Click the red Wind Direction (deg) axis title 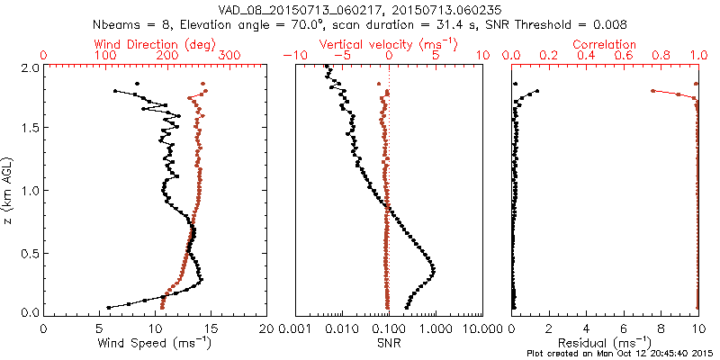[155, 44]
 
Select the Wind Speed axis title [156, 342]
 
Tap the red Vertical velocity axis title [389, 44]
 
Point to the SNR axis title [389, 342]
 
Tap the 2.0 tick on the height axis [29, 67]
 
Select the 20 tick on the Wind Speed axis [266, 328]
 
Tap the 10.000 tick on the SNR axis [482, 328]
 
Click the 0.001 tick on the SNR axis [295, 328]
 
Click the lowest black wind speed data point [108, 307]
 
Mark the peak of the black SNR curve [434, 269]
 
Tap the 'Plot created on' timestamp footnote [622, 354]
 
